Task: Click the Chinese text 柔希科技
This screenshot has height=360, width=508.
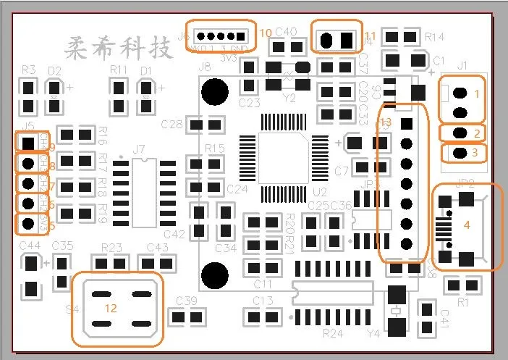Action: (119, 49)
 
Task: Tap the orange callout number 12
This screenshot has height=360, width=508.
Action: (111, 307)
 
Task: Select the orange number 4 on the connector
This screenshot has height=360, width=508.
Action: (467, 225)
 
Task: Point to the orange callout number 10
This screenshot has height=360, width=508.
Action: (266, 33)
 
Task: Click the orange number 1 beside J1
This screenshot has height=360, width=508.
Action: (477, 93)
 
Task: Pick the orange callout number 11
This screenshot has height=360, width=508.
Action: (371, 35)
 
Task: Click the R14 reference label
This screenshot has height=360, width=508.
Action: (435, 36)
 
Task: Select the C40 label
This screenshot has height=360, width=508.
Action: (287, 32)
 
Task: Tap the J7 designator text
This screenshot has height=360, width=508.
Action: (140, 150)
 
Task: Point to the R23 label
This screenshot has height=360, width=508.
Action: (111, 247)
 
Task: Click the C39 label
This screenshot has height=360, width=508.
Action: (186, 301)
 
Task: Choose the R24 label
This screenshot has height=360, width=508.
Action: (332, 333)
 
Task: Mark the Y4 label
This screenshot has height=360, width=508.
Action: (374, 334)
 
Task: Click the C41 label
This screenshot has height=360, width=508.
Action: (445, 319)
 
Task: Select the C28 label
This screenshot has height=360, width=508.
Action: (172, 125)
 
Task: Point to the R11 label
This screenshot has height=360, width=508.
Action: (119, 70)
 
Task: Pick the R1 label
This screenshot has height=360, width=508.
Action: (463, 301)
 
